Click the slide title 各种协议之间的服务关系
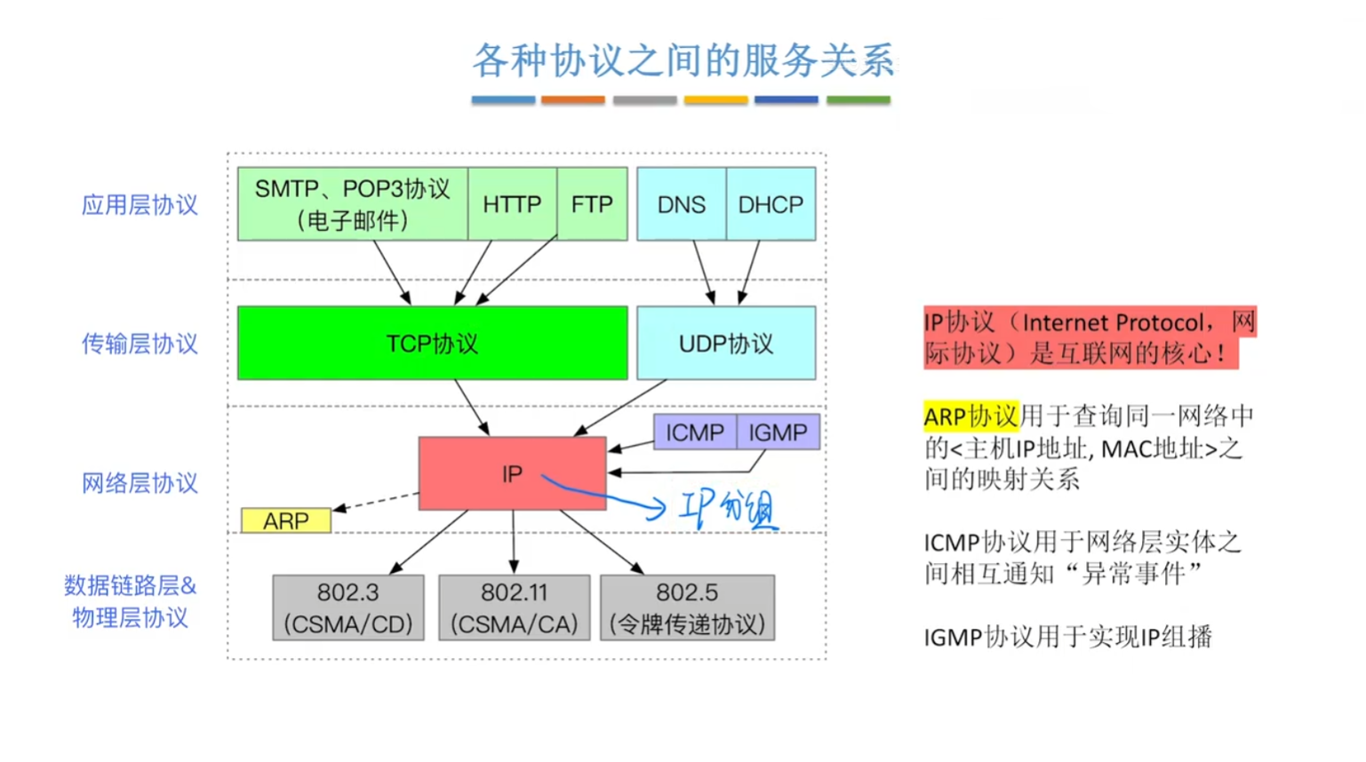pyautogui.click(x=683, y=60)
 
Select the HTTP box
pyautogui.click(x=512, y=204)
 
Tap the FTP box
pyautogui.click(x=592, y=204)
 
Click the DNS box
pyautogui.click(x=681, y=204)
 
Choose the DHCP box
pyautogui.click(x=771, y=204)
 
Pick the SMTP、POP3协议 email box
pyautogui.click(x=352, y=204)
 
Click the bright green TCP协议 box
pyautogui.click(x=432, y=344)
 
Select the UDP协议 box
pyautogui.click(x=726, y=344)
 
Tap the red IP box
pyautogui.click(x=512, y=473)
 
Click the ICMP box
pyautogui.click(x=694, y=433)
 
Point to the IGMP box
pyautogui.click(x=778, y=433)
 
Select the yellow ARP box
pyautogui.click(x=285, y=520)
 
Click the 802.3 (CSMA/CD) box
pyautogui.click(x=347, y=608)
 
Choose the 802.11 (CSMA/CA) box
pyautogui.click(x=514, y=608)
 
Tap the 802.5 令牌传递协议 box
pyautogui.click(x=687, y=608)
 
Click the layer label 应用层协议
pyautogui.click(x=140, y=205)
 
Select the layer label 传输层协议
pyautogui.click(x=140, y=344)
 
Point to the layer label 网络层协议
pyautogui.click(x=140, y=483)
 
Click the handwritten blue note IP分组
pyautogui.click(x=726, y=509)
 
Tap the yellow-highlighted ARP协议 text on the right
pyautogui.click(x=971, y=417)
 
